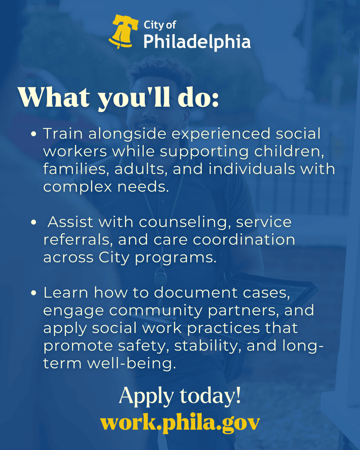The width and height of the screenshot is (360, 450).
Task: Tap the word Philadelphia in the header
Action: pos(197,42)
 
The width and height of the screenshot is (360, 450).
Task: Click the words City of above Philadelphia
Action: pos(160,25)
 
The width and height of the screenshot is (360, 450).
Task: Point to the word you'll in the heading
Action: pos(131,98)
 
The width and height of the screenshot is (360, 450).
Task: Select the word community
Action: pos(142,311)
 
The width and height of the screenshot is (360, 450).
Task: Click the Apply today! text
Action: pos(180,396)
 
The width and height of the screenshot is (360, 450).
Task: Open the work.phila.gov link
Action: pos(180,422)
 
